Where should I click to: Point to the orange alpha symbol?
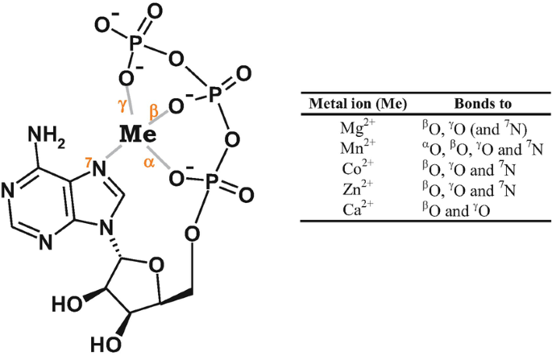(x=149, y=160)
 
